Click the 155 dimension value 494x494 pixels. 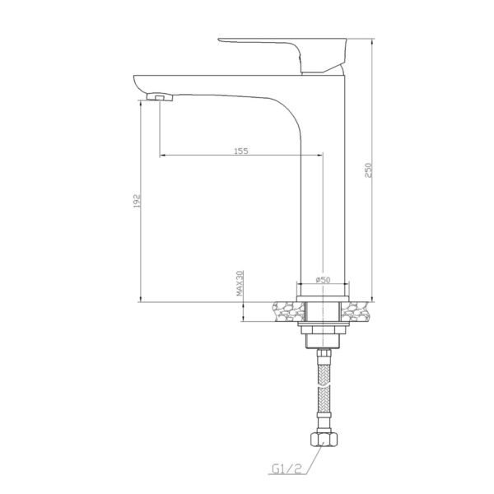[x=241, y=151]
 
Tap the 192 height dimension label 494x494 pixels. [x=137, y=201]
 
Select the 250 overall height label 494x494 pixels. [x=368, y=170]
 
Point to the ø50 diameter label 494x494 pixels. [x=322, y=279]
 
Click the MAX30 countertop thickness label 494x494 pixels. [x=240, y=283]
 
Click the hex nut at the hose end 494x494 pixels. [x=324, y=439]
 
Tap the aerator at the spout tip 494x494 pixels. [x=160, y=96]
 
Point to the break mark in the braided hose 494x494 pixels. [x=324, y=385]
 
